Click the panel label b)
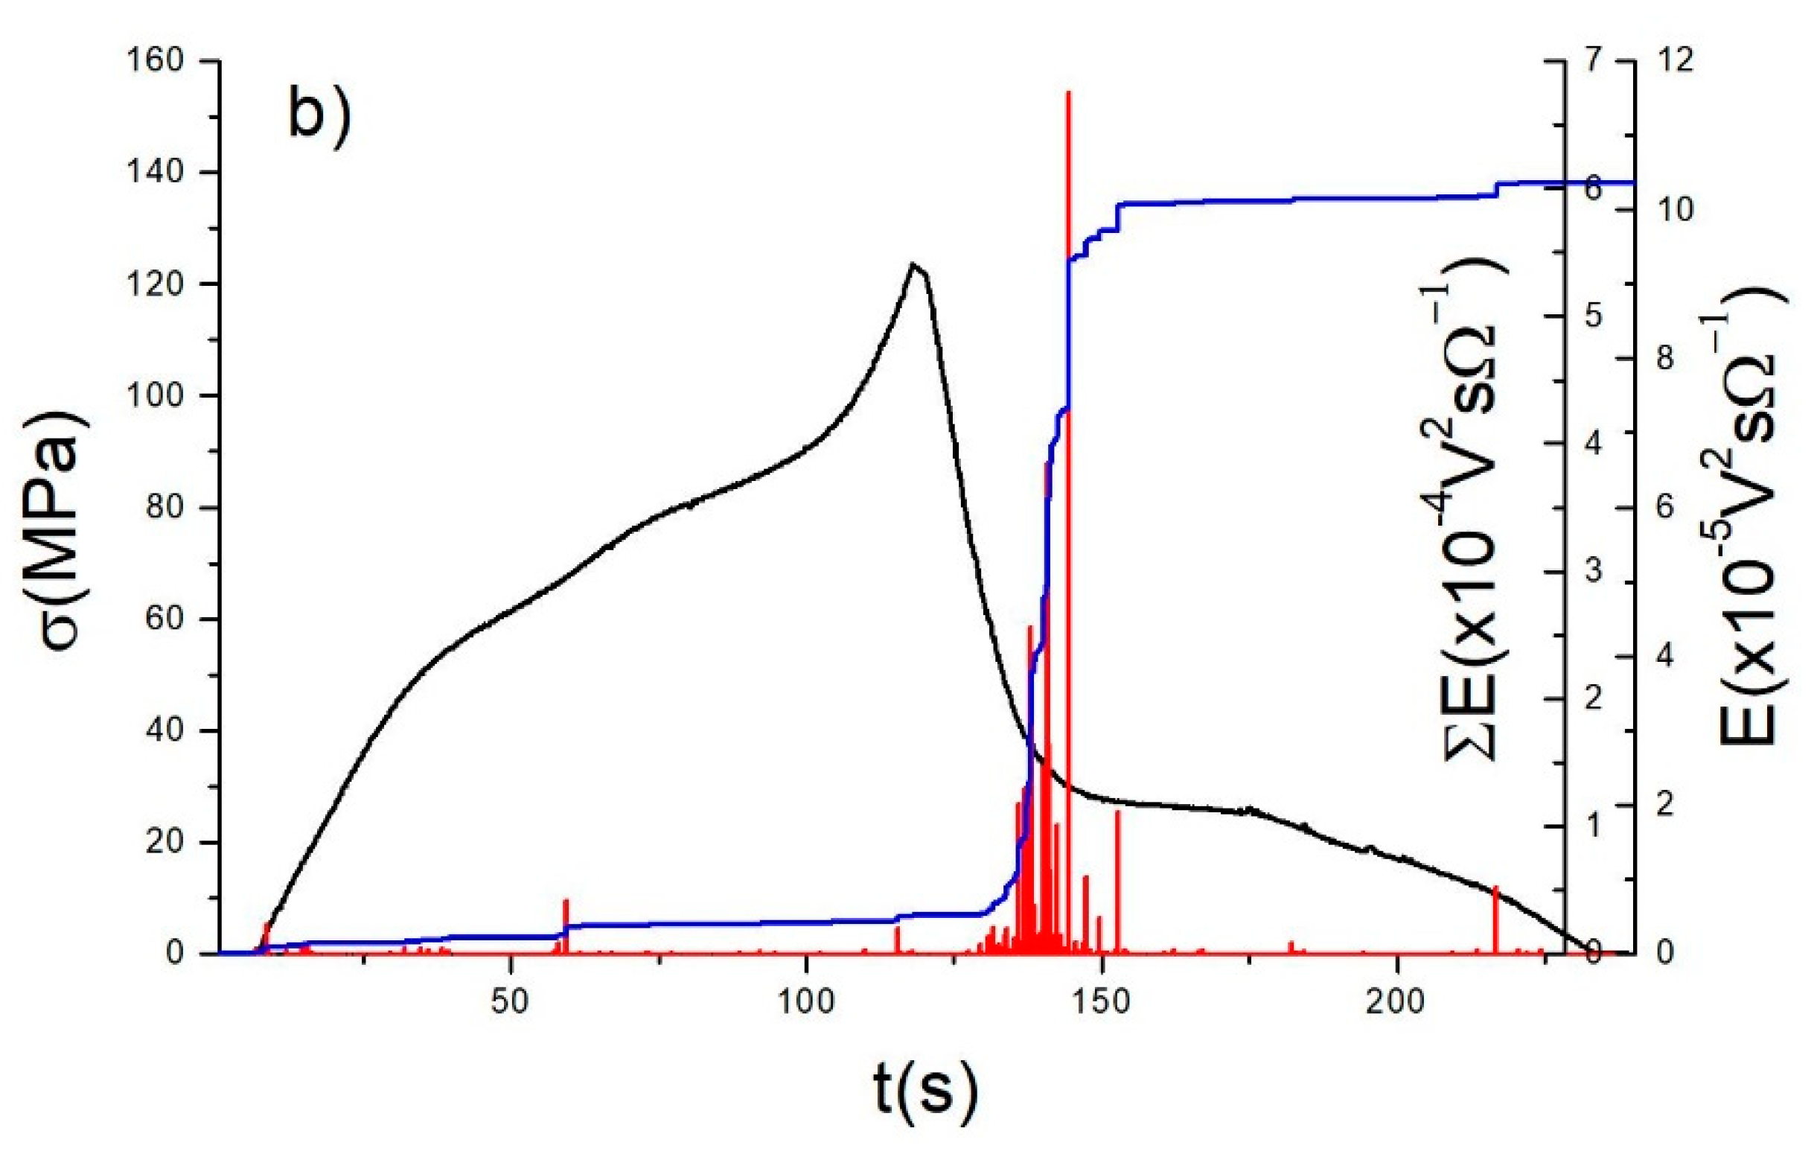[x=319, y=115]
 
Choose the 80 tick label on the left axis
[x=165, y=508]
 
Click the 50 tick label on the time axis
[x=511, y=1002]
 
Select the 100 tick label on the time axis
[x=806, y=1002]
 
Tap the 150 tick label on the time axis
[x=1102, y=1002]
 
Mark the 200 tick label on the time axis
[x=1397, y=1002]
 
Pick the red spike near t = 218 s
[x=1496, y=889]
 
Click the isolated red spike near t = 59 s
[x=566, y=902]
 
